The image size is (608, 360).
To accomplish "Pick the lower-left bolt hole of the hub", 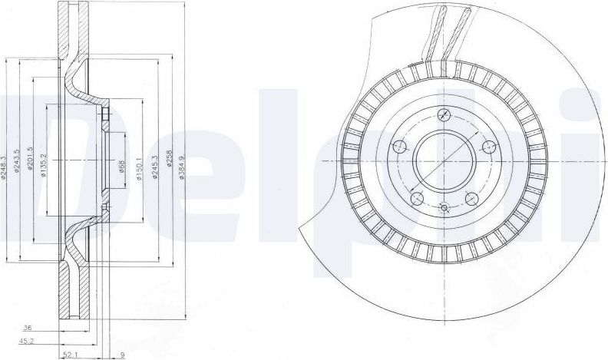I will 417,200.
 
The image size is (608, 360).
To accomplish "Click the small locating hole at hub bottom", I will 445,206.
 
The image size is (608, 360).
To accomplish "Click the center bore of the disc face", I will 445,161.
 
